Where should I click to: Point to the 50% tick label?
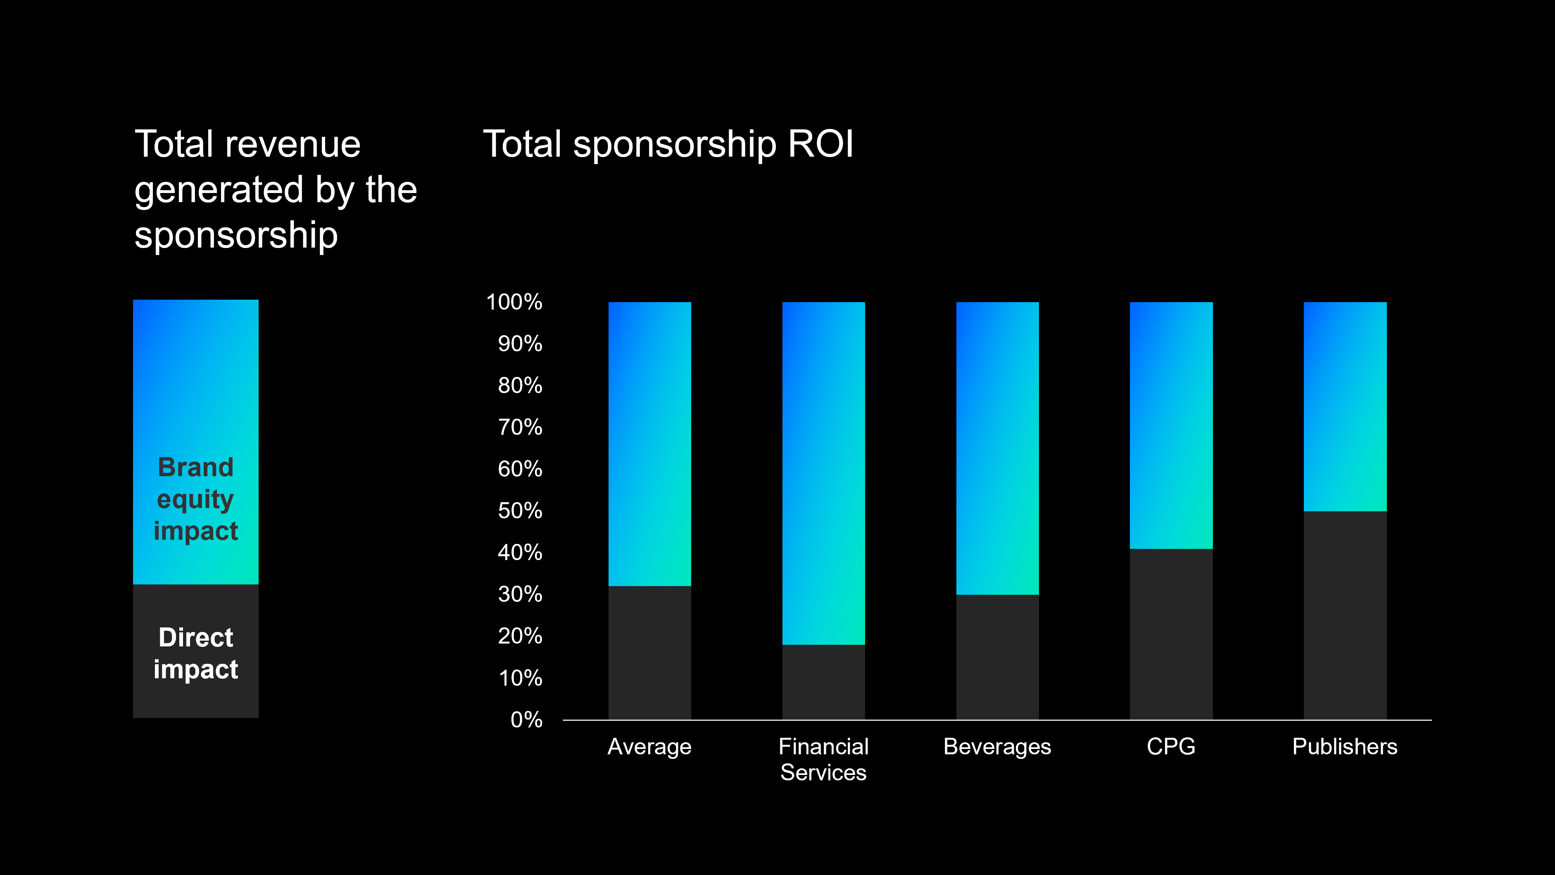click(520, 511)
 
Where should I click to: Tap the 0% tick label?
click(526, 720)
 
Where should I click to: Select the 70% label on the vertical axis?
click(520, 427)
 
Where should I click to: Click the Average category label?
click(649, 747)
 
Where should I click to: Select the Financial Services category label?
click(823, 760)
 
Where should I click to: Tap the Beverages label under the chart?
click(997, 747)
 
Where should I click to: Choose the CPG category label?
click(1171, 747)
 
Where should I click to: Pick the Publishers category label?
click(1345, 747)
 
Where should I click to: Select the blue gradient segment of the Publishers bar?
click(1345, 406)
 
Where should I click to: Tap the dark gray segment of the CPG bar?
click(1171, 634)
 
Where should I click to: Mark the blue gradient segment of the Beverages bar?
click(997, 448)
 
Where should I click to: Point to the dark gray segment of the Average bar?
click(649, 652)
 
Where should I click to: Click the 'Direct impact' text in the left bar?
click(195, 653)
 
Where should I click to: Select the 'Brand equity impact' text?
click(195, 499)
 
